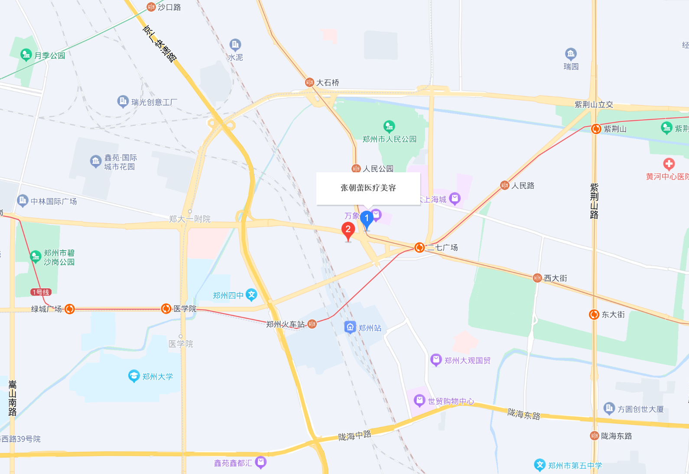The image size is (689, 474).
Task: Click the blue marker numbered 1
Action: point(367,219)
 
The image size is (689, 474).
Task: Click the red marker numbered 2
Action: point(348,230)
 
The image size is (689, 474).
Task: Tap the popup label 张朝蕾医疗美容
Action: point(368,188)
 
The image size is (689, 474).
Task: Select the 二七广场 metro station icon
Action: point(419,248)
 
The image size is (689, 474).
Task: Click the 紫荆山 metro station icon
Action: point(596,129)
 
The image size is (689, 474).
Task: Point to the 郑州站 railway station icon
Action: point(350,327)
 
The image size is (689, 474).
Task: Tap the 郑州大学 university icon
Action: point(134,376)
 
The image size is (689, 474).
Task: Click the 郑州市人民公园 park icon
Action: point(389,126)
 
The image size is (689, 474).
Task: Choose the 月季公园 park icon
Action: point(26,55)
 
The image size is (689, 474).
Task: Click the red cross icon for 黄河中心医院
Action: point(669,164)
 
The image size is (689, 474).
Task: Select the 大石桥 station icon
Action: point(309,82)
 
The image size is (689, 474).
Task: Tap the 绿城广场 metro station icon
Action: point(70,309)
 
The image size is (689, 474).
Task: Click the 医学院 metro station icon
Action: point(166,309)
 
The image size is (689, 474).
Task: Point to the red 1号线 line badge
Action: point(41,292)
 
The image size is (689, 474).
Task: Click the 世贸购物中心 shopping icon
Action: point(419,400)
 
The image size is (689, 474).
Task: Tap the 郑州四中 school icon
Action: point(251,295)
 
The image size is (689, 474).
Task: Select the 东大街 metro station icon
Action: point(594,315)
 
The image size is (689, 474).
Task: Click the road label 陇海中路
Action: point(354,435)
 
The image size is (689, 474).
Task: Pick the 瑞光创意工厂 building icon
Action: point(123,101)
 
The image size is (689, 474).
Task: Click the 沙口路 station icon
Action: point(151,7)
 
